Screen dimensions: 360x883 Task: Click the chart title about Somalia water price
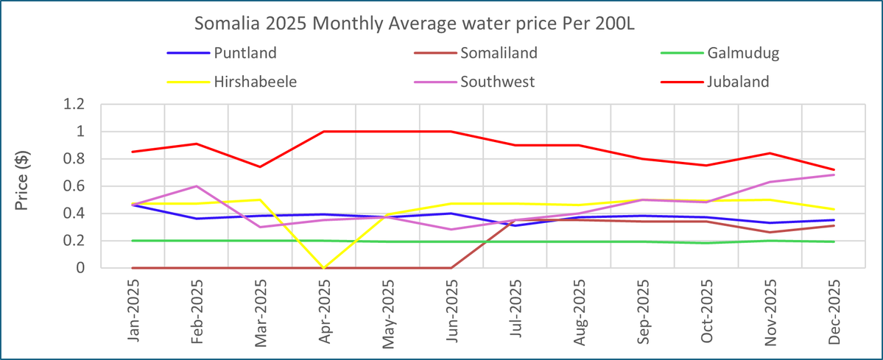pyautogui.click(x=415, y=24)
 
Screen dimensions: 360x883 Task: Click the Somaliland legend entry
pyautogui.click(x=499, y=52)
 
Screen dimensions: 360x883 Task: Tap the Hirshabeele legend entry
pyautogui.click(x=256, y=81)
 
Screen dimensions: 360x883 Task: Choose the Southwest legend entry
pyautogui.click(x=497, y=81)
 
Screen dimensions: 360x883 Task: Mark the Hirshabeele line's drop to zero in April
pyautogui.click(x=324, y=268)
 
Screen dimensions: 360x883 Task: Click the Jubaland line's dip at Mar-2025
pyautogui.click(x=260, y=167)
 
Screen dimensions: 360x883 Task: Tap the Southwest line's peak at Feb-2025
pyautogui.click(x=197, y=186)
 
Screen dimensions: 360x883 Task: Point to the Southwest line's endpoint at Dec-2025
pyautogui.click(x=834, y=174)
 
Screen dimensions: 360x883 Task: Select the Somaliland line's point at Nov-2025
pyautogui.click(x=770, y=233)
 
